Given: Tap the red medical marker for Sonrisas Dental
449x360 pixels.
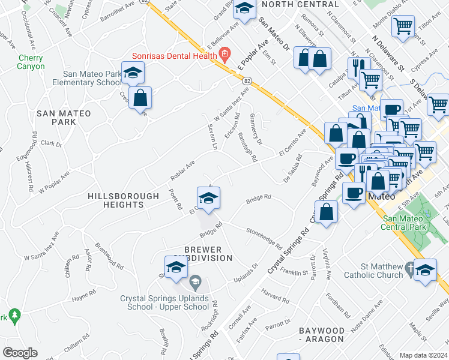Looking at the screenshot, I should tap(225, 56).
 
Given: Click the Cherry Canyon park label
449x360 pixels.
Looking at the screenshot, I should tap(31, 62).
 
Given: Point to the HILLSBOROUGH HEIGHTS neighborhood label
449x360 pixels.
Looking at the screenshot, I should tap(116, 200).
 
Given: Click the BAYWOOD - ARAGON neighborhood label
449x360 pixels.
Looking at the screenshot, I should tap(330, 335).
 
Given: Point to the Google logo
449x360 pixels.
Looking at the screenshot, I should tap(20, 352).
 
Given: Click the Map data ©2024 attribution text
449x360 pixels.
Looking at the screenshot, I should tap(423, 355).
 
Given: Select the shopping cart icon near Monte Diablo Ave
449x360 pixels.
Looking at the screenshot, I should tap(403, 26).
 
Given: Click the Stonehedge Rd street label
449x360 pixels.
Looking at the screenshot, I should tap(263, 238).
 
